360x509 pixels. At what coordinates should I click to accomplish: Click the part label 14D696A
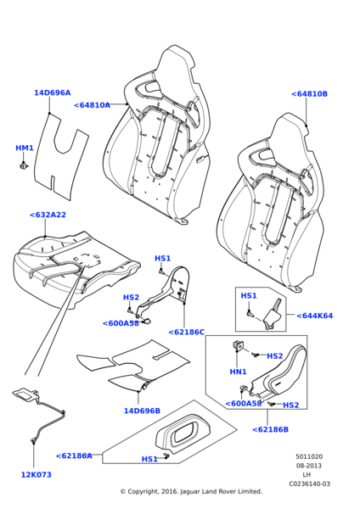53,92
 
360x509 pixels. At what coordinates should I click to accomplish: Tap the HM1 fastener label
25,148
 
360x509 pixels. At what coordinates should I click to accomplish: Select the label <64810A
92,105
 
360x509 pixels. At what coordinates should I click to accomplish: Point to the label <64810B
309,94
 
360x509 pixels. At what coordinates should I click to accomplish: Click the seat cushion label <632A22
48,215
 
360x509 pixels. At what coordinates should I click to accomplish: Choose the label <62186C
187,332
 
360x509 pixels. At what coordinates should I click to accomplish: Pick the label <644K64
314,316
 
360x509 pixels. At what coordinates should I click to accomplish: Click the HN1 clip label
238,372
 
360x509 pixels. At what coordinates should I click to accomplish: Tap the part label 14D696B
142,411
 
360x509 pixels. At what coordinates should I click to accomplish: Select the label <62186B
270,429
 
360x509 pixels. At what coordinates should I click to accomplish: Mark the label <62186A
74,456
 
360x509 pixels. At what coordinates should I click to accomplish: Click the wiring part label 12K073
36,474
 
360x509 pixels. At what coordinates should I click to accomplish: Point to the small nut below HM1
24,166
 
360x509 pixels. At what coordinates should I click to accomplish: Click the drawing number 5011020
309,456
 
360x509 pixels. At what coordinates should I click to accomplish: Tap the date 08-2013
309,466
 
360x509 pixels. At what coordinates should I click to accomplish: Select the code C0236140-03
309,484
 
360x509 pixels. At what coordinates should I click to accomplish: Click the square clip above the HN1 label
237,346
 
